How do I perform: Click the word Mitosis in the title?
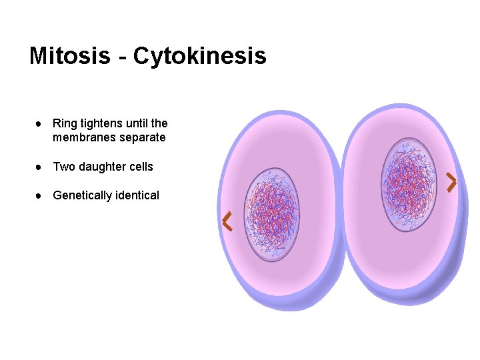click(69, 56)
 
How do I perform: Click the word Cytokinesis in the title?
click(199, 57)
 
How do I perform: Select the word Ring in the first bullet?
click(64, 124)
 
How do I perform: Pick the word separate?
click(141, 138)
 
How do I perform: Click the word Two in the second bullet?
click(63, 167)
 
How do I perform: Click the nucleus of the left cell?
click(271, 214)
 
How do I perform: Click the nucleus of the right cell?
click(409, 185)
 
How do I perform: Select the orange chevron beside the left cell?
click(227, 221)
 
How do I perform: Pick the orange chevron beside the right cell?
click(451, 182)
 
